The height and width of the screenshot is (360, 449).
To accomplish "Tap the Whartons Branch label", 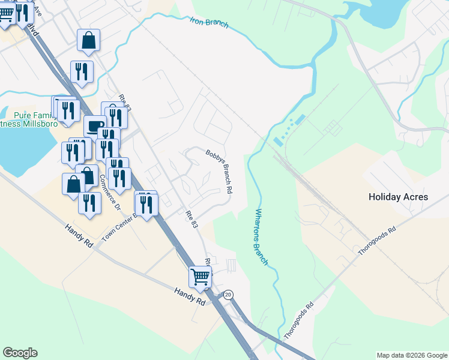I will click(260, 237).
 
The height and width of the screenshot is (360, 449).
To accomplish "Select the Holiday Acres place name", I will click(398, 197).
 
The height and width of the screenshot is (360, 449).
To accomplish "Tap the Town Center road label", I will click(118, 227).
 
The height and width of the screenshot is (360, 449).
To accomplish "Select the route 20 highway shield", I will click(228, 295).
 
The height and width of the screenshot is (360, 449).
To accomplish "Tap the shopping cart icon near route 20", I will click(200, 277).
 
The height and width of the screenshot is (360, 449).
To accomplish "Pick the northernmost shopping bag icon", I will click(88, 41).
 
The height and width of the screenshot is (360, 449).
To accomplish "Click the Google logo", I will click(20, 353).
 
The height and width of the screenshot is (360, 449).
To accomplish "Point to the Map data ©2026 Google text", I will click(411, 355).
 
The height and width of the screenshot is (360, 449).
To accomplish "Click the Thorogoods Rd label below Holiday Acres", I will click(377, 241).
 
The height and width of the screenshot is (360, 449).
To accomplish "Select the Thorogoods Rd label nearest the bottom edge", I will click(300, 320).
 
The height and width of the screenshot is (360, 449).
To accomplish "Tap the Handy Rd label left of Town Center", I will click(80, 235).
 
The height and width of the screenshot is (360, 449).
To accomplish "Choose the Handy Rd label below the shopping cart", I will click(190, 296).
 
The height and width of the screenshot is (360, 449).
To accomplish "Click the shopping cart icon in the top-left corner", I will click(6, 14).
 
